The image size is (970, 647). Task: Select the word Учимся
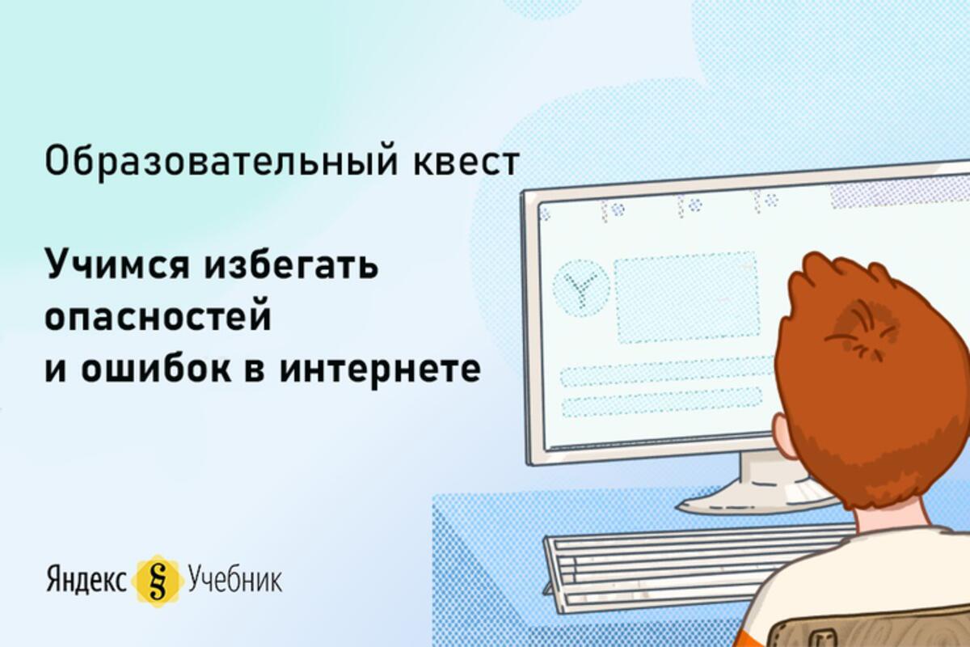[117, 265]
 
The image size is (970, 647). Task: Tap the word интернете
[380, 370]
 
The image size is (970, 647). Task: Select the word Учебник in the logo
[235, 579]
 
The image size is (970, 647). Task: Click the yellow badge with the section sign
[157, 581]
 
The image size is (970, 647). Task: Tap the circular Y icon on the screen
[581, 287]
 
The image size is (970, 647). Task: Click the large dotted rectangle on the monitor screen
[686, 298]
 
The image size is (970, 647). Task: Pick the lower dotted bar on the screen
[661, 403]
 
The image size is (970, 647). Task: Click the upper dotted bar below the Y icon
[667, 371]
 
